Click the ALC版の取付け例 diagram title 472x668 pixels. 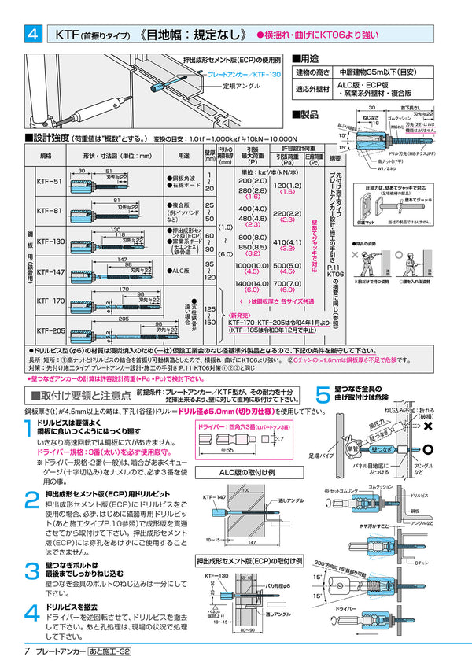pos(249,473)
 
